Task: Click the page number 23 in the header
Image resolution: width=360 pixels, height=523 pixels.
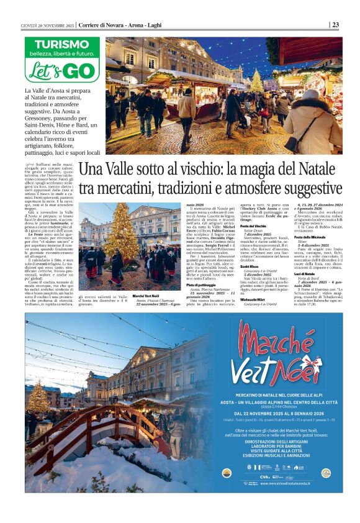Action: click(x=335, y=25)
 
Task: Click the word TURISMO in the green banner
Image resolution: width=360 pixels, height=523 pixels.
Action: click(x=62, y=44)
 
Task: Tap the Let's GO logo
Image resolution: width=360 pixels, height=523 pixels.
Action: click(x=61, y=70)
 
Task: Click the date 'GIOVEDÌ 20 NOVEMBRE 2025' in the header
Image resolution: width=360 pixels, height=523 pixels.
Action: click(x=47, y=25)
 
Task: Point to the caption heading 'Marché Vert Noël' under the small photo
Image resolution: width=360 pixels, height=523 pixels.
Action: click(x=130, y=297)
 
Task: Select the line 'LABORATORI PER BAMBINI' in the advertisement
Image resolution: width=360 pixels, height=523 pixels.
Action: click(x=285, y=439)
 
